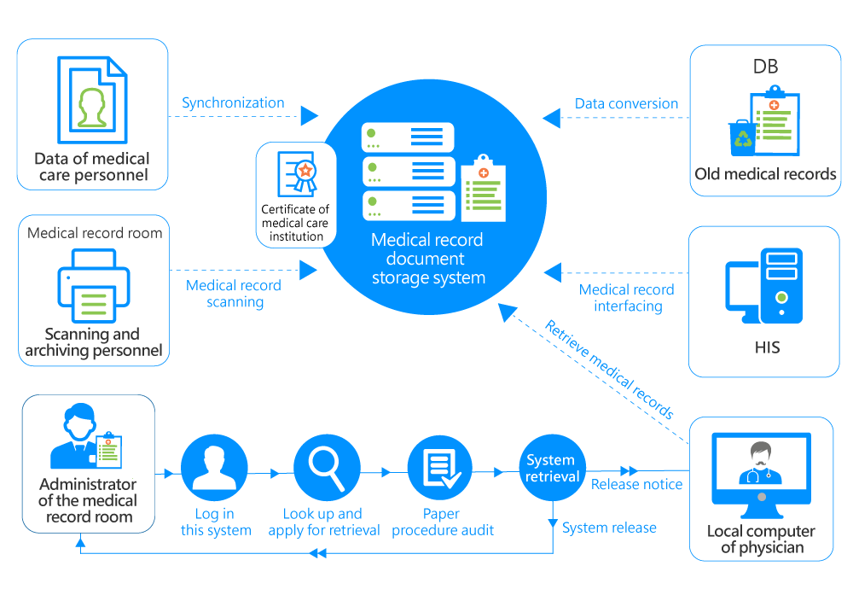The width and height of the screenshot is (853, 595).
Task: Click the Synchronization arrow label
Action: point(233,103)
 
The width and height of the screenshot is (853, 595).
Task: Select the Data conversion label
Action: point(626,104)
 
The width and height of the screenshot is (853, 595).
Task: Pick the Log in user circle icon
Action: point(214,467)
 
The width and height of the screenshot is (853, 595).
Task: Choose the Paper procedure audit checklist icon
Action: point(439,467)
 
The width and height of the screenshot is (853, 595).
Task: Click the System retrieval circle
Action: point(552,468)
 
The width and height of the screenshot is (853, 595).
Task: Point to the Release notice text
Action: point(636,485)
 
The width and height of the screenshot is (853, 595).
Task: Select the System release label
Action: point(609,528)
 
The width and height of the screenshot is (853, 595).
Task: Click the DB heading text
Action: point(765,67)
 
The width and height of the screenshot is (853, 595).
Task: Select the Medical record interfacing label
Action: point(626,298)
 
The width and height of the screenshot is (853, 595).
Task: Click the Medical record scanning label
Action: point(234,294)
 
